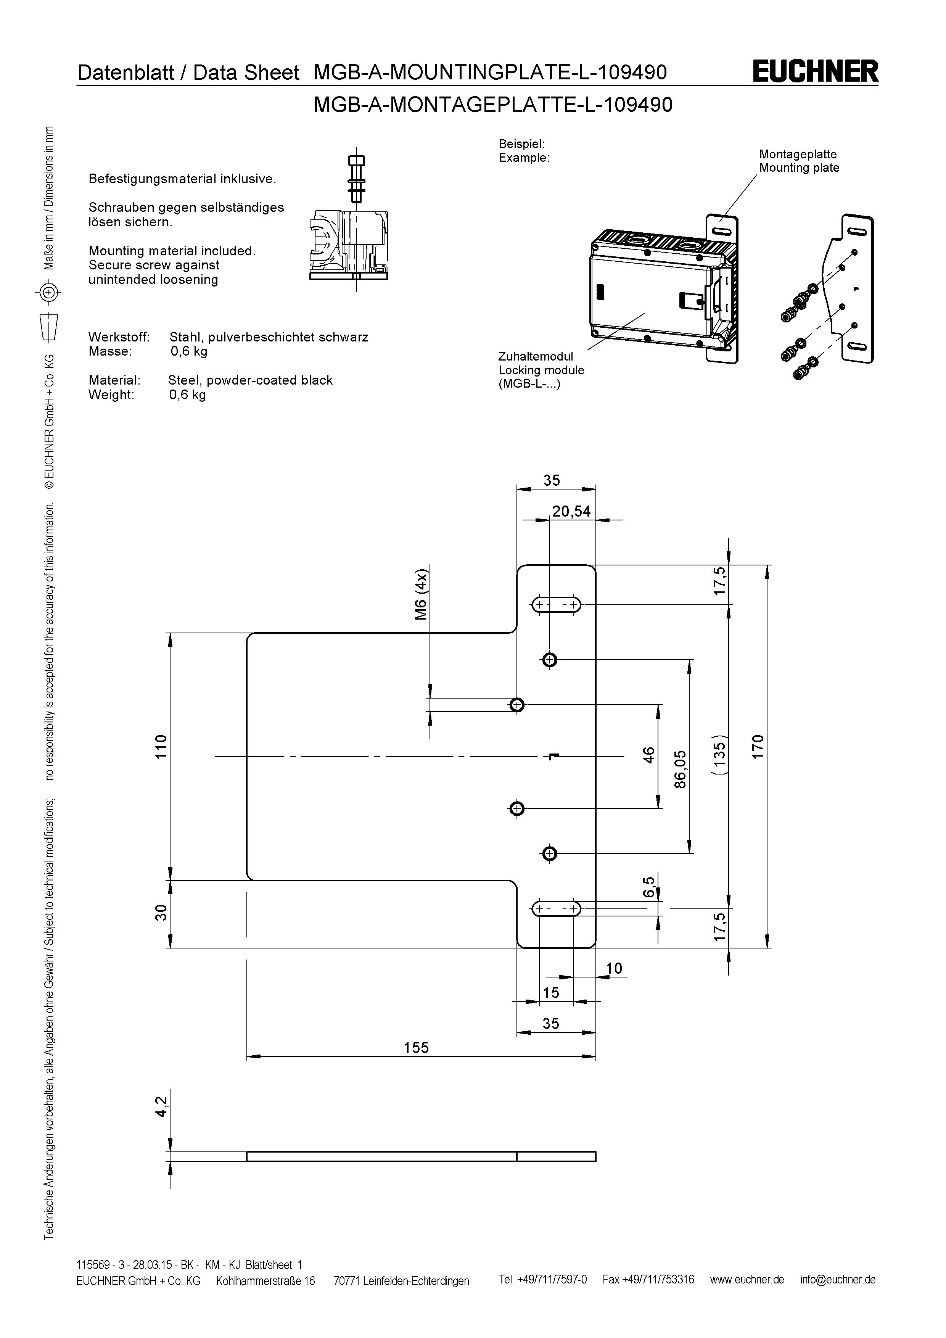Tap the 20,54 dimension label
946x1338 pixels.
(571, 512)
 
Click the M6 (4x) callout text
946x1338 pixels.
(421, 595)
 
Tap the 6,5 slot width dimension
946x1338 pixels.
(649, 887)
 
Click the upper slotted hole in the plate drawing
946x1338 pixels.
(556, 605)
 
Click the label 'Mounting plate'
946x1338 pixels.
(799, 168)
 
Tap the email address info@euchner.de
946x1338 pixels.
(838, 1280)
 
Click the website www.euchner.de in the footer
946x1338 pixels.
(747, 1280)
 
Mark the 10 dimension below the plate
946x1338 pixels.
(614, 969)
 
